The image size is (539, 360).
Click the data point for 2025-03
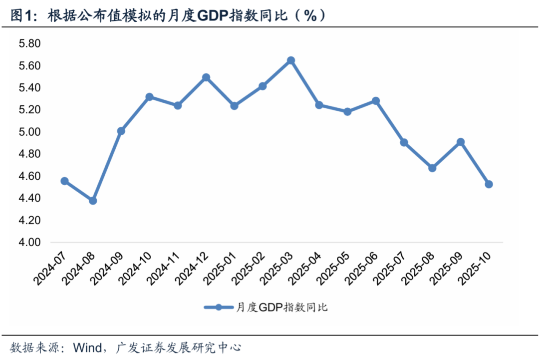(x=291, y=60)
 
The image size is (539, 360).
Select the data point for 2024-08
(x=93, y=201)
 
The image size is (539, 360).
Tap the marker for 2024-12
(x=206, y=77)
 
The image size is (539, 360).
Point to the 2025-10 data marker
(x=489, y=184)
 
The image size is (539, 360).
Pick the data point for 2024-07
(x=64, y=181)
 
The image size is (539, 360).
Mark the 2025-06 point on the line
(x=376, y=101)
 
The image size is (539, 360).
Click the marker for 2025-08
(x=432, y=168)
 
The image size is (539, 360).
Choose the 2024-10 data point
(x=149, y=97)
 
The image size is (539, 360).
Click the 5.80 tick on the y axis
(x=29, y=44)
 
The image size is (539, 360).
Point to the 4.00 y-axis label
(x=29, y=242)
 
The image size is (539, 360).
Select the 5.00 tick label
(x=29, y=132)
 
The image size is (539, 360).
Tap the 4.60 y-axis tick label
(x=29, y=176)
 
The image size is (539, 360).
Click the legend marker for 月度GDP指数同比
(x=219, y=307)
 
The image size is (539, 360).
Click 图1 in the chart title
(x=23, y=16)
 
